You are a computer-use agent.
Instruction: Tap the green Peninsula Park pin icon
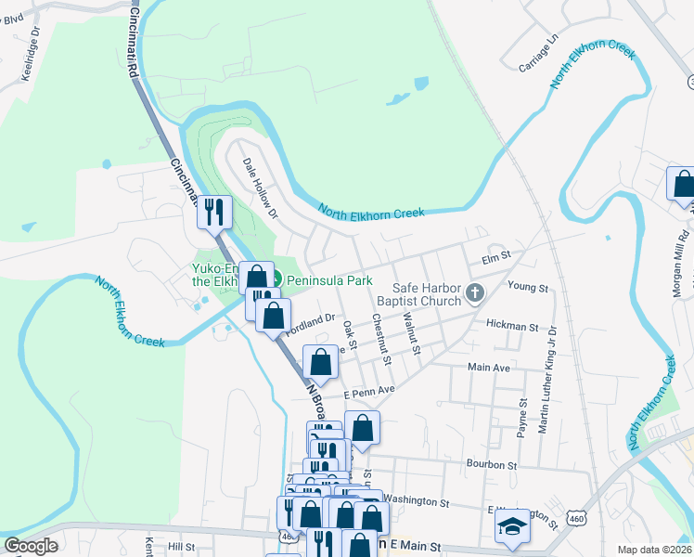tap(276, 279)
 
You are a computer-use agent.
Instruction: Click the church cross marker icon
tap(475, 294)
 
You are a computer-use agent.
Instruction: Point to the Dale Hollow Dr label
tap(261, 187)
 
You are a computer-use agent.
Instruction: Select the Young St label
tap(531, 288)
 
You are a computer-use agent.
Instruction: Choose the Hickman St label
tap(512, 327)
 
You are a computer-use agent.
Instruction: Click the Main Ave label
tap(489, 368)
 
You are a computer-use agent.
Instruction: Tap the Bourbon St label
tap(492, 464)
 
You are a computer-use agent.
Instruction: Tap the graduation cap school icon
tap(510, 527)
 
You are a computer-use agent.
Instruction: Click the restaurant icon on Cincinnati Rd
tap(215, 212)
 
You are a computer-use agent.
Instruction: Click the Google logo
tap(32, 546)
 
